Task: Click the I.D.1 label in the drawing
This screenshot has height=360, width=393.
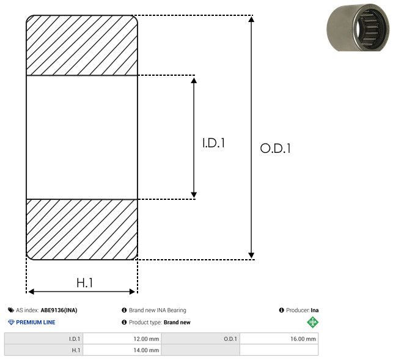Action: click(x=213, y=143)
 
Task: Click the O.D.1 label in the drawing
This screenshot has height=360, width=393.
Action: click(x=276, y=148)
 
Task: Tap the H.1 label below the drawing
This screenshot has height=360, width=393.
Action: click(x=85, y=283)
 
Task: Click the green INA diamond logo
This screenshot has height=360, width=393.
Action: click(x=313, y=322)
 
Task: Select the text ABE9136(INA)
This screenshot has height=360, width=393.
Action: click(x=59, y=310)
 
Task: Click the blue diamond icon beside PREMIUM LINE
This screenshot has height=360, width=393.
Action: click(x=11, y=322)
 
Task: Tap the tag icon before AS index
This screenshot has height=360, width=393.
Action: click(x=11, y=310)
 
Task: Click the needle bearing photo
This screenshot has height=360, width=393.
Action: click(x=359, y=27)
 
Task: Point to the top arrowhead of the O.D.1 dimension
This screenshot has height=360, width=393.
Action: click(x=251, y=19)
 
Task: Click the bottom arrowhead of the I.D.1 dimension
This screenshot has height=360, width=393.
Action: click(x=194, y=195)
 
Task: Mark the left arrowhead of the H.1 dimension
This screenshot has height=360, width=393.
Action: click(x=31, y=292)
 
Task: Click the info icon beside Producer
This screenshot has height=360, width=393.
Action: click(x=282, y=310)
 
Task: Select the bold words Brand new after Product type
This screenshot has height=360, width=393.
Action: click(x=177, y=322)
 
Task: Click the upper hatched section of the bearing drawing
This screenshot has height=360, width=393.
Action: click(x=82, y=45)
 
